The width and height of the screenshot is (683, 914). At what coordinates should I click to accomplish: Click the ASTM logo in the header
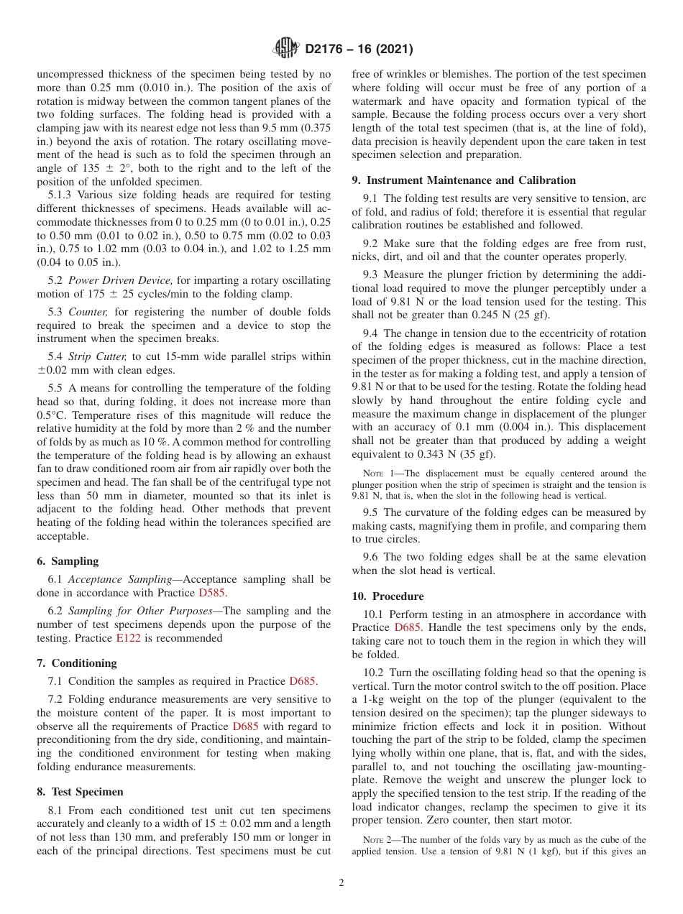[286, 49]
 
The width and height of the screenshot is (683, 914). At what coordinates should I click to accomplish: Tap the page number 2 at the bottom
[341, 883]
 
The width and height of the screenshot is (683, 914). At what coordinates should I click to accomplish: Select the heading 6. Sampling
[68, 561]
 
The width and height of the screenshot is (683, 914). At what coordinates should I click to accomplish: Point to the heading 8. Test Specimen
[80, 792]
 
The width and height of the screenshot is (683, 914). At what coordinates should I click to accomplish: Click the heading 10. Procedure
[388, 596]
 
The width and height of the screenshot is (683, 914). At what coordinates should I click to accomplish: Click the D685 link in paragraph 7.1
[302, 681]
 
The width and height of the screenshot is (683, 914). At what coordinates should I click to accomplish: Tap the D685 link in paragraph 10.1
[407, 627]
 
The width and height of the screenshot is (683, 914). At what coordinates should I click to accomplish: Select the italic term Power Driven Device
[120, 280]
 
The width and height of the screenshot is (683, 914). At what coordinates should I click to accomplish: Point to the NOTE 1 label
[375, 474]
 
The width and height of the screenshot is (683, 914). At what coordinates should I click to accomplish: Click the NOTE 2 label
[375, 840]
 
